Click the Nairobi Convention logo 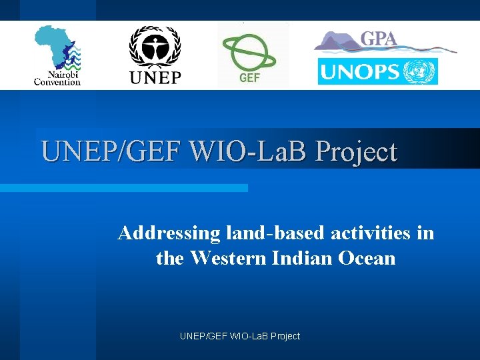pos(57,56)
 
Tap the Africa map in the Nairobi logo pos(53,45)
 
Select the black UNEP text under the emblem pos(155,77)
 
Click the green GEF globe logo pos(249,51)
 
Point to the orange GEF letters pos(249,78)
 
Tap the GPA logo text pos(378,39)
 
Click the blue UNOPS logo pos(377,71)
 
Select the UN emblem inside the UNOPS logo pos(423,71)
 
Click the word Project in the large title pos(356,151)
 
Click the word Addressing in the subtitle pos(169,233)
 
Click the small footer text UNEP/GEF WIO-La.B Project pos(240,336)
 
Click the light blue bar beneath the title pos(124,188)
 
